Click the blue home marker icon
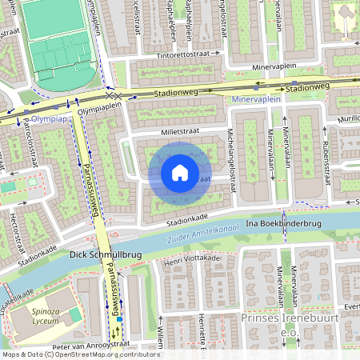[x=180, y=173]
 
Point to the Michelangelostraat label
[x=231, y=159]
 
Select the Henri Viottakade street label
[x=191, y=259]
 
